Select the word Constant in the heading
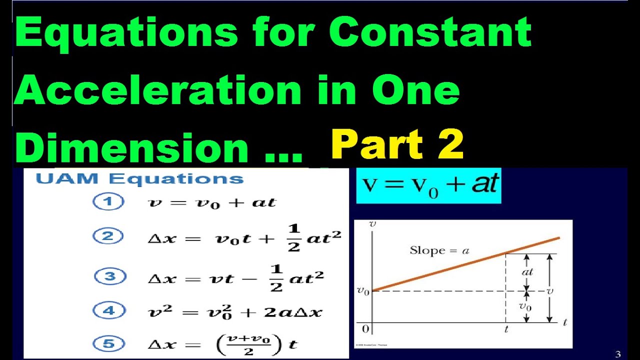(430, 33)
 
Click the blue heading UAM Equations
(139, 179)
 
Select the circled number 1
(108, 202)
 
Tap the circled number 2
(108, 236)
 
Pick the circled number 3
(109, 276)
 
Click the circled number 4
(108, 310)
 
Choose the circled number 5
(108, 343)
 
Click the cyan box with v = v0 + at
(428, 185)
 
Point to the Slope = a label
(439, 250)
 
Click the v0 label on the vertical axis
(363, 290)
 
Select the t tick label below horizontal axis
(505, 330)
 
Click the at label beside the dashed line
(527, 272)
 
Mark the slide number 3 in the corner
(618, 354)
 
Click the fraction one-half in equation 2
(293, 238)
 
